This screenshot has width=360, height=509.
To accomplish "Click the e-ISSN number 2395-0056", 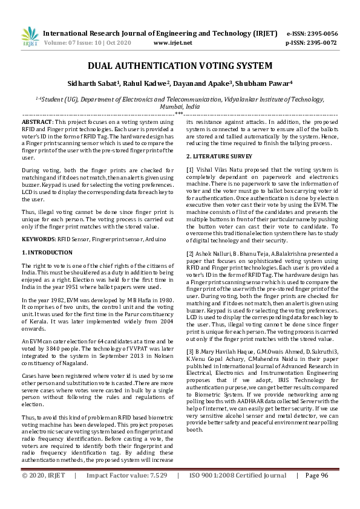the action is (319, 34).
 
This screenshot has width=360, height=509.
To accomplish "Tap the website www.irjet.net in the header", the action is (173, 44).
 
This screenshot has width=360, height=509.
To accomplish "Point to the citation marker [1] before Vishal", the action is (190, 169).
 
